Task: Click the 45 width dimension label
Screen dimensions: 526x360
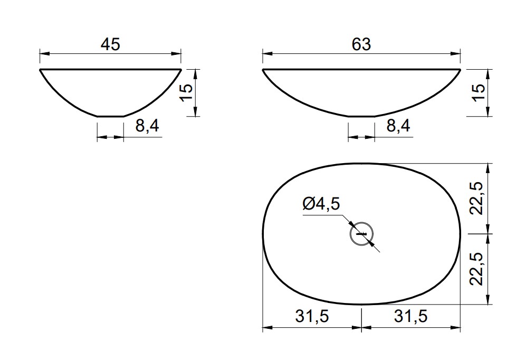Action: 110,44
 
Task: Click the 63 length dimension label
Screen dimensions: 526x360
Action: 361,44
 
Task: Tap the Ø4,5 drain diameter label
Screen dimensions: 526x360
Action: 321,204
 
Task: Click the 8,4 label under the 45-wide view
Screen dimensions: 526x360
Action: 147,126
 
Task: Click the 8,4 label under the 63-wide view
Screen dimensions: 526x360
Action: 398,126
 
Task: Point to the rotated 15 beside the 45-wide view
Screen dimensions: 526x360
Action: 186,92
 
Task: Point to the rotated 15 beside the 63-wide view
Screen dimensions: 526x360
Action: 479,92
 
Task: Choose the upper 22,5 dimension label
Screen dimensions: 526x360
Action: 476,198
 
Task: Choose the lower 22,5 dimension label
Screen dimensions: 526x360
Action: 476,269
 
